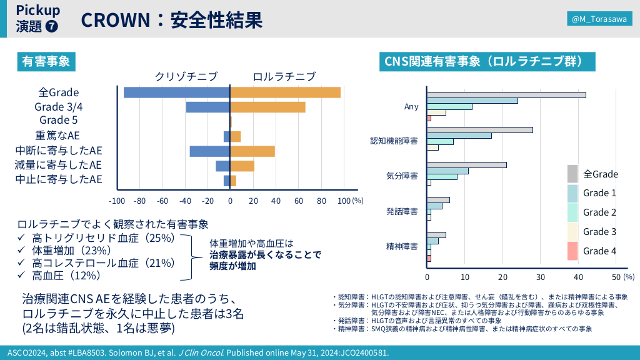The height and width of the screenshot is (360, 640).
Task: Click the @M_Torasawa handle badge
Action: tap(599, 20)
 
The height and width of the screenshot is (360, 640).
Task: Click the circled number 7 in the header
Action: tap(52, 27)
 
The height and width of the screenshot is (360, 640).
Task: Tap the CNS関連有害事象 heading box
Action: tap(487, 61)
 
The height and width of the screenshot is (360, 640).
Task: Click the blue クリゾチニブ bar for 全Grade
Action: tap(177, 92)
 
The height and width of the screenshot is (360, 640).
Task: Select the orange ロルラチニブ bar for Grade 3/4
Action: tap(268, 107)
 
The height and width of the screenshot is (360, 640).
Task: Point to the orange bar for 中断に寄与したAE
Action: tap(253, 151)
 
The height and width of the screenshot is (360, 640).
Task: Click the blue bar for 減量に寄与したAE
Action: tap(223, 166)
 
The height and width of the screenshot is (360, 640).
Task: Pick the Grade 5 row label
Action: tap(58, 120)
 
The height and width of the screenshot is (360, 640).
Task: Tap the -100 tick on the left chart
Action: tap(117, 201)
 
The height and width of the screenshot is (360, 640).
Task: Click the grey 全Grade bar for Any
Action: tap(507, 95)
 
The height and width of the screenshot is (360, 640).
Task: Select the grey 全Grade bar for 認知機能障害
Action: tap(480, 130)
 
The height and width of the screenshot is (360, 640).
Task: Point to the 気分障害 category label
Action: tap(402, 176)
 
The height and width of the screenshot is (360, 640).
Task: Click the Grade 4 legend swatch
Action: tap(572, 251)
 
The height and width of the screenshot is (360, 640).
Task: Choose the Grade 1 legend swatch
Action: tap(572, 193)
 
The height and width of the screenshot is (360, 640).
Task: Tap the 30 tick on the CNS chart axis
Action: tap(541, 277)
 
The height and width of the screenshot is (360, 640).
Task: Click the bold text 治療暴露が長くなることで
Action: tap(265, 254)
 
